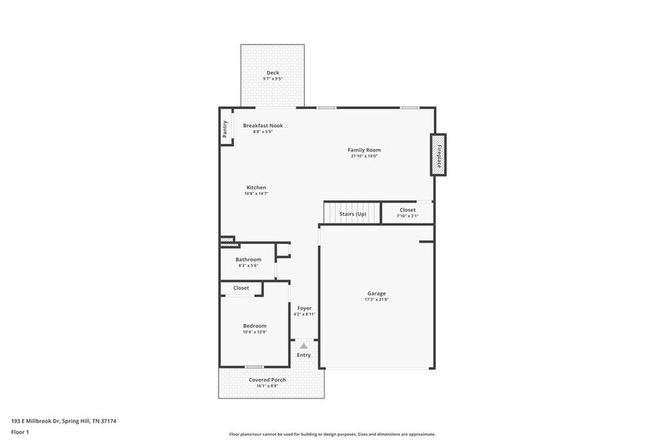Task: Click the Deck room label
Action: click(272, 73)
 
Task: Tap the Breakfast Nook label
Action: click(262, 125)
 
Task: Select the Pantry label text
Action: click(225, 130)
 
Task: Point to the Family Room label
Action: click(363, 150)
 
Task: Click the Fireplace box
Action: click(438, 154)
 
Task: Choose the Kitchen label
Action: click(256, 188)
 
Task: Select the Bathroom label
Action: click(248, 259)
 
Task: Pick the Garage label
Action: click(376, 293)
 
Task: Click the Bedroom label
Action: click(255, 325)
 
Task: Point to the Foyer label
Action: click(304, 308)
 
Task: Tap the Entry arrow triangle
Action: click(304, 346)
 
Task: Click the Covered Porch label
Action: click(267, 380)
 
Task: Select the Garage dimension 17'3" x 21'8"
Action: click(376, 300)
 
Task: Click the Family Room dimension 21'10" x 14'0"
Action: click(363, 157)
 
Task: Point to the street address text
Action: click(63, 421)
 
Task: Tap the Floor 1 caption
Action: click(20, 432)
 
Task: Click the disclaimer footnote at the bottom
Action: click(332, 434)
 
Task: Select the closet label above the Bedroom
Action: click(241, 288)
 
